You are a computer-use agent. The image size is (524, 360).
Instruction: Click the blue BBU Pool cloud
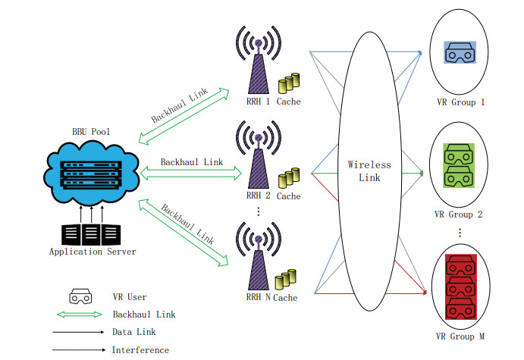(92, 173)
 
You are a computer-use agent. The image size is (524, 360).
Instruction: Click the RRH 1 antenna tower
(257, 64)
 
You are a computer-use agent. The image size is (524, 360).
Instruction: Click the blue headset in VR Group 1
(459, 52)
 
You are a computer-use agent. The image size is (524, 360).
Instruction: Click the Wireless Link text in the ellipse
(369, 171)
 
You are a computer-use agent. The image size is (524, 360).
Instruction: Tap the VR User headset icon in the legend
(80, 296)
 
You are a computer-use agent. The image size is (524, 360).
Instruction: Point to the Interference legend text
(140, 349)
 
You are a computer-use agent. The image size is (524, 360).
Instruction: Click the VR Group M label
(459, 337)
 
